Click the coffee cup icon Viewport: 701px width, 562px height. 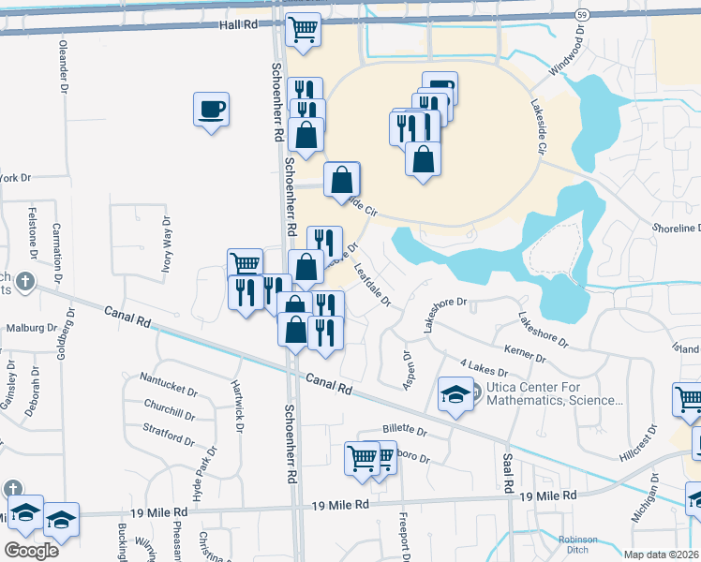point(210,110)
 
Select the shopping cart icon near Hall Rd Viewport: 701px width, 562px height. point(303,31)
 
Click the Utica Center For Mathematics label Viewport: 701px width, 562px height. point(553,394)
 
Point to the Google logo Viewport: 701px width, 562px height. point(31,550)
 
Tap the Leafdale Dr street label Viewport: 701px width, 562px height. point(373,288)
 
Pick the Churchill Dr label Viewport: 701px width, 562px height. point(170,409)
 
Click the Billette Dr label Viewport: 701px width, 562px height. point(404,432)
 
